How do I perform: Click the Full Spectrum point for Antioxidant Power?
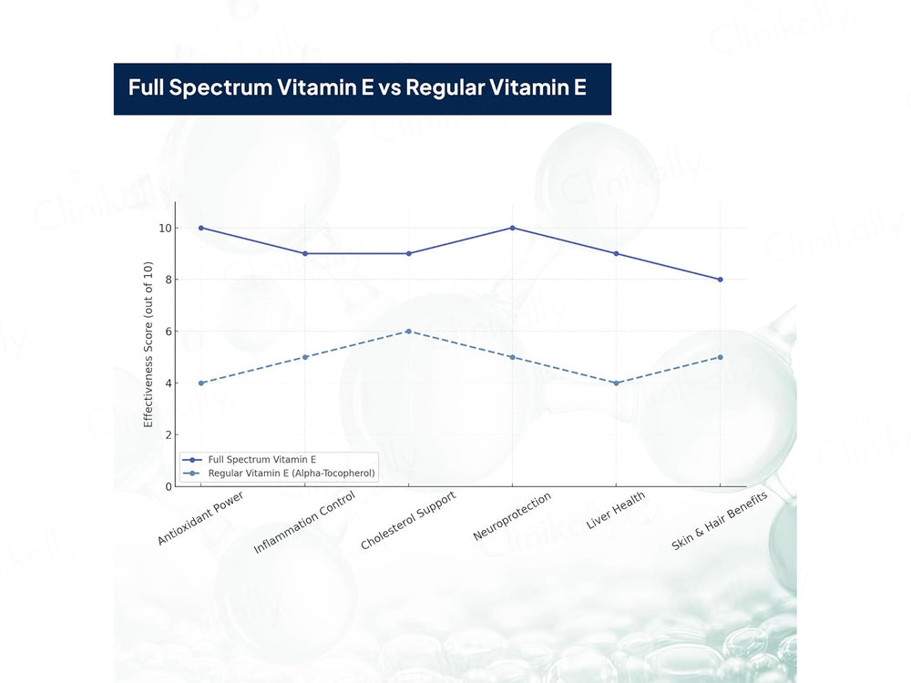[201, 228]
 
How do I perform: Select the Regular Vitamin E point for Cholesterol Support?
[408, 331]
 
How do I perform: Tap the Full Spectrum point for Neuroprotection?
[512, 228]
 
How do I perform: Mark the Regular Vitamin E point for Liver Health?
[617, 382]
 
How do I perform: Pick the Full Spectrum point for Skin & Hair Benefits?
[721, 280]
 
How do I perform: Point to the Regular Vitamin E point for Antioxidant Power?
[201, 382]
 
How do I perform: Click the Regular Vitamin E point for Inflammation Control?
[305, 357]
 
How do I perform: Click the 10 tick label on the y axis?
[165, 229]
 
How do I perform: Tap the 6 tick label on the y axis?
[169, 331]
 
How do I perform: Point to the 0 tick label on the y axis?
[169, 486]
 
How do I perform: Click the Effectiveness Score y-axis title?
[148, 344]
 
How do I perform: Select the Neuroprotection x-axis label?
[512, 516]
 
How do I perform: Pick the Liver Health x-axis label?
[616, 510]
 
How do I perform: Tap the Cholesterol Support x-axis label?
[408, 520]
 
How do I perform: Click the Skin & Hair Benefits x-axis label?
[720, 520]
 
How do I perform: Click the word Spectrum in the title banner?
[220, 87]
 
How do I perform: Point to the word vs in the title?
[389, 88]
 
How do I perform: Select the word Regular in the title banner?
[445, 87]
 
